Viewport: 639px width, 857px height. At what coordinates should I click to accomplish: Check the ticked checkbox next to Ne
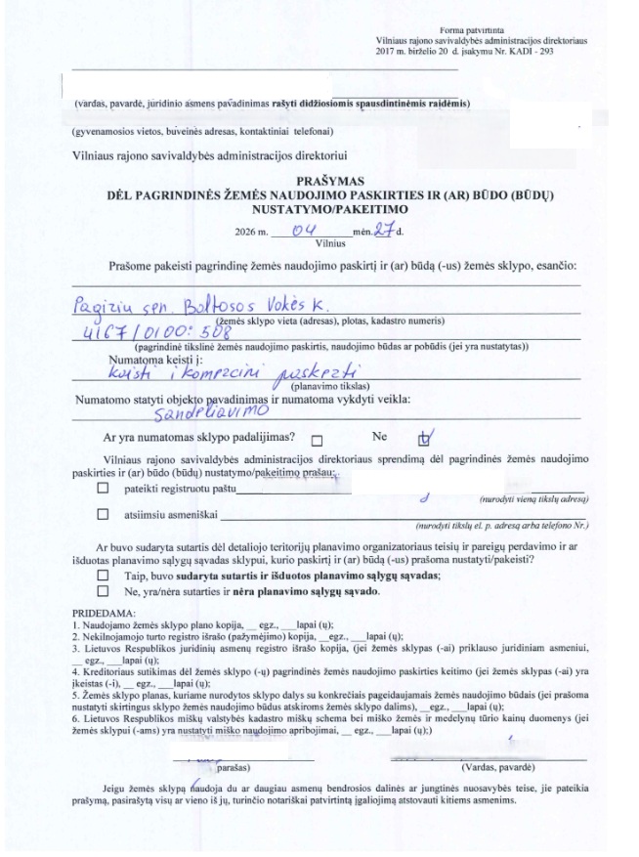coord(423,439)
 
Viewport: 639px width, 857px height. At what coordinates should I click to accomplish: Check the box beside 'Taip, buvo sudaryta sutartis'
coord(104,577)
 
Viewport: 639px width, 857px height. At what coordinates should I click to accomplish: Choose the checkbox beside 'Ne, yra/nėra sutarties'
coord(104,591)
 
